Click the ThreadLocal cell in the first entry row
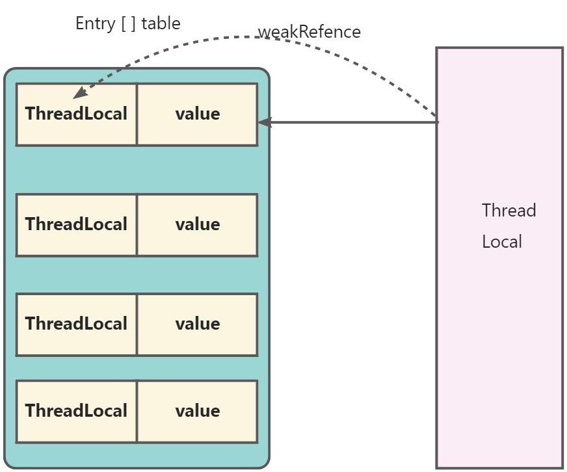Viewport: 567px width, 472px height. click(x=76, y=114)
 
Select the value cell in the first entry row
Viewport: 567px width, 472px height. click(x=197, y=114)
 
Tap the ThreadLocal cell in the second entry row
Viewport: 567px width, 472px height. click(x=76, y=224)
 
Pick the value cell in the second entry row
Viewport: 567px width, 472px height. click(x=197, y=224)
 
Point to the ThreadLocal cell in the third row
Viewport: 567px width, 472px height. click(x=76, y=324)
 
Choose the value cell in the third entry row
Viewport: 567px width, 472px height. click(x=197, y=324)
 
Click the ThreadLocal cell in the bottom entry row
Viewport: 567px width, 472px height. click(x=76, y=411)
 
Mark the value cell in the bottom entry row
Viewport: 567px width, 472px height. click(x=197, y=411)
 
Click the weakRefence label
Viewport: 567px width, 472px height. click(x=309, y=32)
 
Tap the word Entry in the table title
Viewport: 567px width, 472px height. click(x=96, y=23)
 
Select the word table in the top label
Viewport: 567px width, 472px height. click(x=161, y=23)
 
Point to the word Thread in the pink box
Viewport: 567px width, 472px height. click(x=508, y=211)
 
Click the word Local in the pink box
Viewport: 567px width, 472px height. click(x=501, y=242)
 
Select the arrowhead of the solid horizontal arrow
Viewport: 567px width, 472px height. click(x=263, y=122)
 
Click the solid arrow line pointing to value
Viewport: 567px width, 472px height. click(x=351, y=122)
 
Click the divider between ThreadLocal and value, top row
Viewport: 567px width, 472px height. click(x=137, y=114)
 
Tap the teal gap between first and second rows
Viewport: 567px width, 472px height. click(x=137, y=169)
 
